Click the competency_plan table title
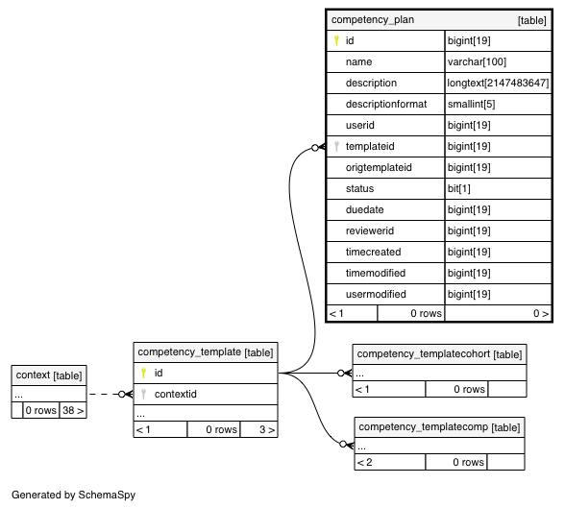[373, 20]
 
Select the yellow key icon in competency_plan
[336, 40]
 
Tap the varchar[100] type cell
[477, 61]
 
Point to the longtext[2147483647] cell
[498, 84]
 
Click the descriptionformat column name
[386, 104]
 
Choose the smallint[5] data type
[471, 104]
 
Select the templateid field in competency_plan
[370, 146]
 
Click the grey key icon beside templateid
[336, 146]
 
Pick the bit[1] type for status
[459, 188]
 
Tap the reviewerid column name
[370, 230]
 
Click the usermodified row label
[376, 294]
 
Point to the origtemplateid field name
[379, 167]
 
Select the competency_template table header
[206, 352]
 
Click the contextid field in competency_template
[176, 395]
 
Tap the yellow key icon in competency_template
[143, 373]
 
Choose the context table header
[49, 375]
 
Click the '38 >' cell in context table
[73, 410]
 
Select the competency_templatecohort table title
[439, 354]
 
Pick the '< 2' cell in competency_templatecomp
[389, 462]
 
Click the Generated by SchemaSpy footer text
[73, 496]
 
